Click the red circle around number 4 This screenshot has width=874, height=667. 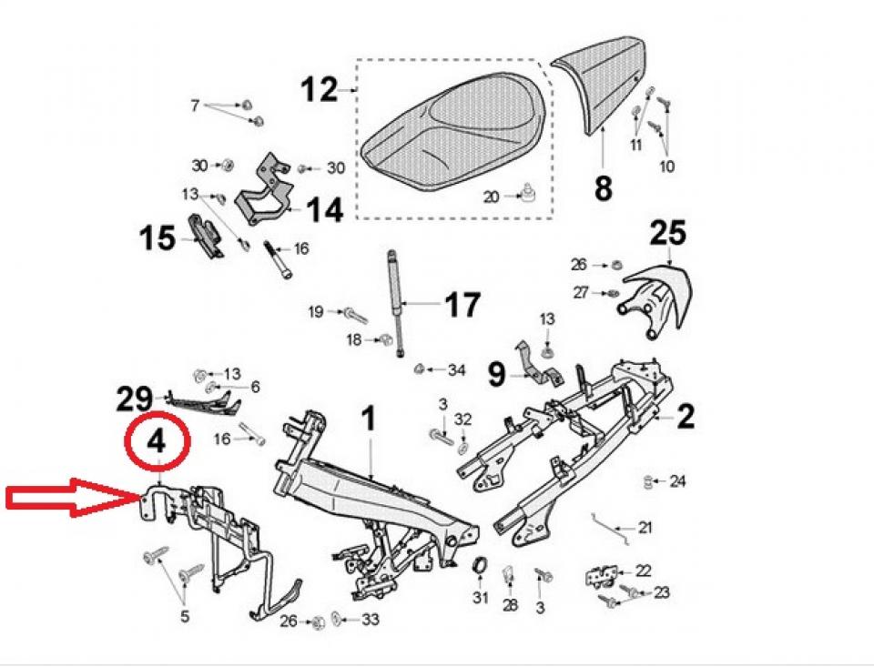(157, 441)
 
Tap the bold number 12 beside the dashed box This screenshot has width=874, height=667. (319, 91)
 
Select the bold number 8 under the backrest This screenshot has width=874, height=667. (603, 188)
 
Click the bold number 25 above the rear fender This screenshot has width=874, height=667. (668, 234)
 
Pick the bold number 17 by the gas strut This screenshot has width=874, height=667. (461, 304)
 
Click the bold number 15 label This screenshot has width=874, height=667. (158, 238)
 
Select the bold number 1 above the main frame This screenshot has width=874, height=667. (368, 419)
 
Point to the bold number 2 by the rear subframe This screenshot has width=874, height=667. (685, 417)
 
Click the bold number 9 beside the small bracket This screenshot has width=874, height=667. (497, 373)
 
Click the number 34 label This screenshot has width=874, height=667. (455, 370)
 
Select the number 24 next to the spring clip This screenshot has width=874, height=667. (678, 480)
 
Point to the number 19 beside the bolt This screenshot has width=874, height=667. (315, 312)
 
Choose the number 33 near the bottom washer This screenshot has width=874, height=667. (370, 622)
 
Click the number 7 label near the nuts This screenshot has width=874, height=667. (195, 106)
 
